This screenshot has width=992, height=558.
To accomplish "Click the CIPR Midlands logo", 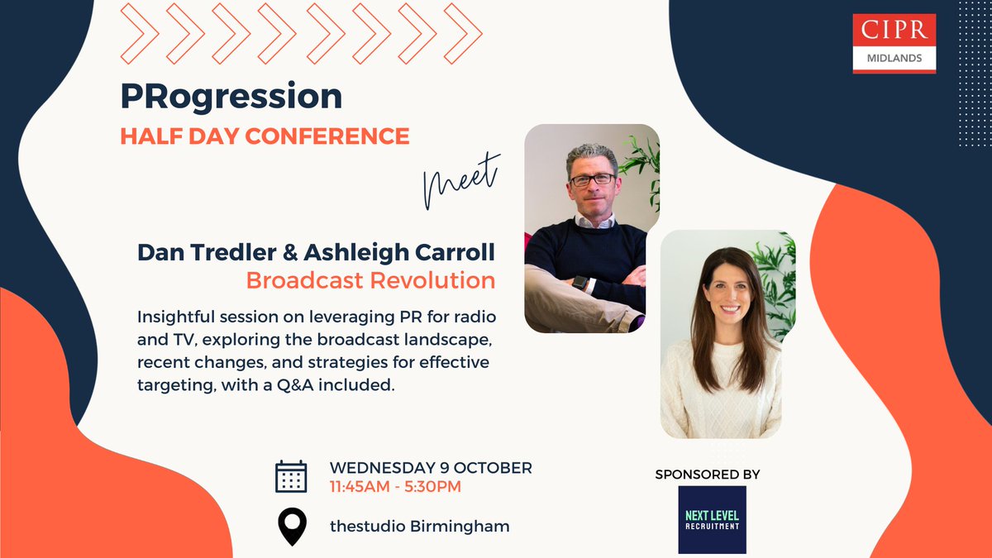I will [x=894, y=42].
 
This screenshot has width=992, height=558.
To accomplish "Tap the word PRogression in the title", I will [x=231, y=97].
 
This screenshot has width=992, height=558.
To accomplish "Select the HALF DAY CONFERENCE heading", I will [x=265, y=136].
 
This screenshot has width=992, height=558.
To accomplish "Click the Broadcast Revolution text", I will [x=370, y=280].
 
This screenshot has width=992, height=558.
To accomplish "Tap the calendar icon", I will [x=291, y=476].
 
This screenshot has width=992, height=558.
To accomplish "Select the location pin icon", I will [x=291, y=527].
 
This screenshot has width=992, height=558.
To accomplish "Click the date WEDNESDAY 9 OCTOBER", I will [x=430, y=467].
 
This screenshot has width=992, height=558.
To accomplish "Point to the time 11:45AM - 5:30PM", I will [x=395, y=487].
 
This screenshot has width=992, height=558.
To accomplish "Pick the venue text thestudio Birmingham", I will [x=419, y=526].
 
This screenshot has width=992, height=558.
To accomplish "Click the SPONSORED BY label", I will [x=707, y=475].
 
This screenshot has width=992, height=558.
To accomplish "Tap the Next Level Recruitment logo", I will [x=712, y=519].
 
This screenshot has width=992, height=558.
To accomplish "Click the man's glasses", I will [x=592, y=178].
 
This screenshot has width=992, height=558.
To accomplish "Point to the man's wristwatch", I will [x=581, y=283].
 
